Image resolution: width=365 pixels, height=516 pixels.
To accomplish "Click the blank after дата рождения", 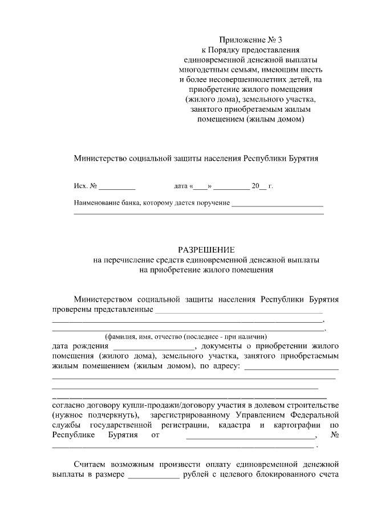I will pos(154,346).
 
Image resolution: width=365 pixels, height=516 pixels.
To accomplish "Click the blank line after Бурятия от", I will pos(250,436).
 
